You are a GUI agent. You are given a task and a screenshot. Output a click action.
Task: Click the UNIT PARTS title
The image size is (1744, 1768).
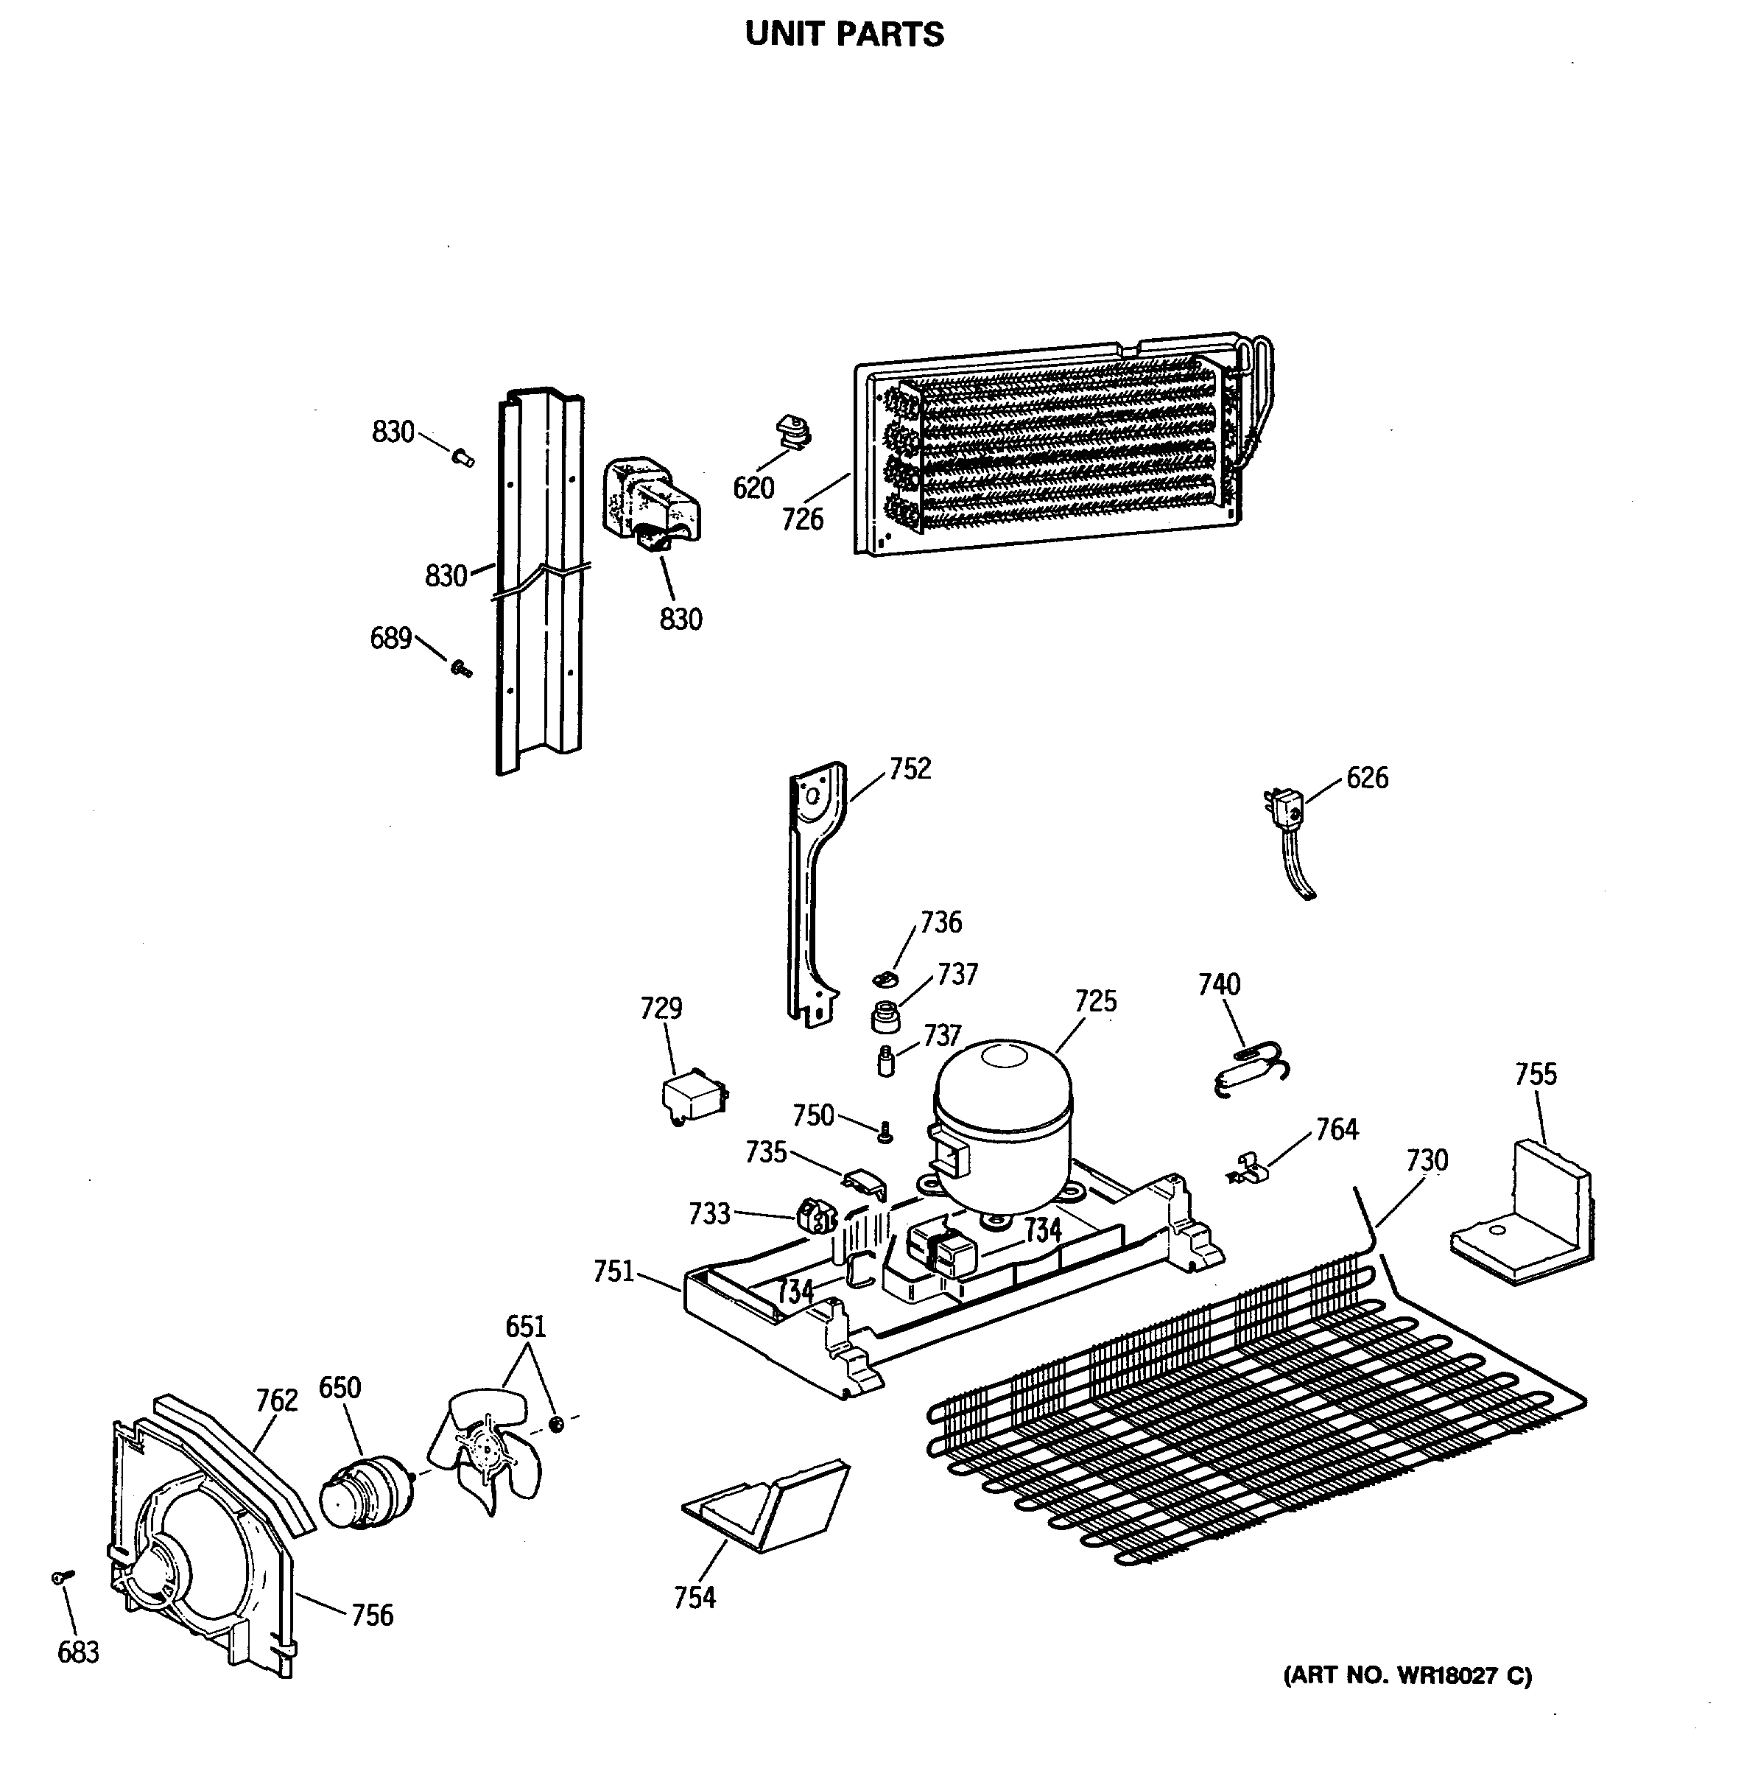point(843,35)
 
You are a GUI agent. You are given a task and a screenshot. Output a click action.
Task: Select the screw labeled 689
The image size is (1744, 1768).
point(460,670)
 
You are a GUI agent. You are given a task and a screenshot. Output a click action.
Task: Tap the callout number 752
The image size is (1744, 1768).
point(910,768)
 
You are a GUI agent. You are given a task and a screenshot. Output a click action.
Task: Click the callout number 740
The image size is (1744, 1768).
point(1219,985)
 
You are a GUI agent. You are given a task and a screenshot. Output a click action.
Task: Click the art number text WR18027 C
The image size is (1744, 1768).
point(1407,1676)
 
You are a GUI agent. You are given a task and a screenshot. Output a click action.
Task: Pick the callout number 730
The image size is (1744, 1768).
point(1427,1160)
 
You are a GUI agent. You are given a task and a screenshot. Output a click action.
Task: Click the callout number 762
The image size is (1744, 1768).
point(276,1400)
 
